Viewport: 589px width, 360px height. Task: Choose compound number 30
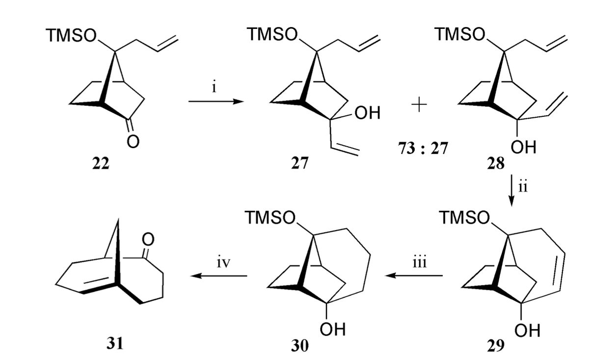pyautogui.click(x=299, y=346)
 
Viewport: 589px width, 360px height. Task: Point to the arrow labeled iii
pyautogui.click(x=414, y=276)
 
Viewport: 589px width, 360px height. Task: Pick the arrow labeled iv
pyautogui.click(x=219, y=276)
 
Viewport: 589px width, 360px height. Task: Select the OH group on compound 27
pyautogui.click(x=366, y=114)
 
